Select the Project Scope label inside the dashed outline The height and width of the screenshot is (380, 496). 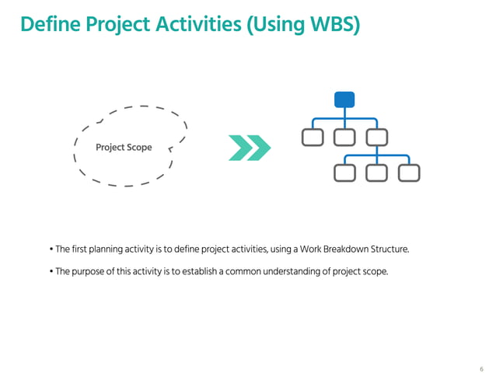point(124,148)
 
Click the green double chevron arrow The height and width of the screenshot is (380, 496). point(250,147)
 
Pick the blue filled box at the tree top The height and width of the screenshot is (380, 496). point(344,99)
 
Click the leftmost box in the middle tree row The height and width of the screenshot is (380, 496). point(313,138)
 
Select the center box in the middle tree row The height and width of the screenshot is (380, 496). point(344,138)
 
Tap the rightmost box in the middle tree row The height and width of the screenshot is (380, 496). point(377,138)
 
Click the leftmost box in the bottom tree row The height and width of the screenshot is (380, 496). point(344,173)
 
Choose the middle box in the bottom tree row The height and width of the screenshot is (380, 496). point(377,173)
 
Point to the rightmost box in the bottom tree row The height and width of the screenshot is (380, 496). point(409,173)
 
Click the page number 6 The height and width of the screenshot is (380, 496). point(481,368)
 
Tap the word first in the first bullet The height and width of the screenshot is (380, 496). point(79,249)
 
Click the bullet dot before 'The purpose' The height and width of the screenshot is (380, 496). point(51,272)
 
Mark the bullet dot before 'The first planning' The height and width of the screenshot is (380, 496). point(51,249)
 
